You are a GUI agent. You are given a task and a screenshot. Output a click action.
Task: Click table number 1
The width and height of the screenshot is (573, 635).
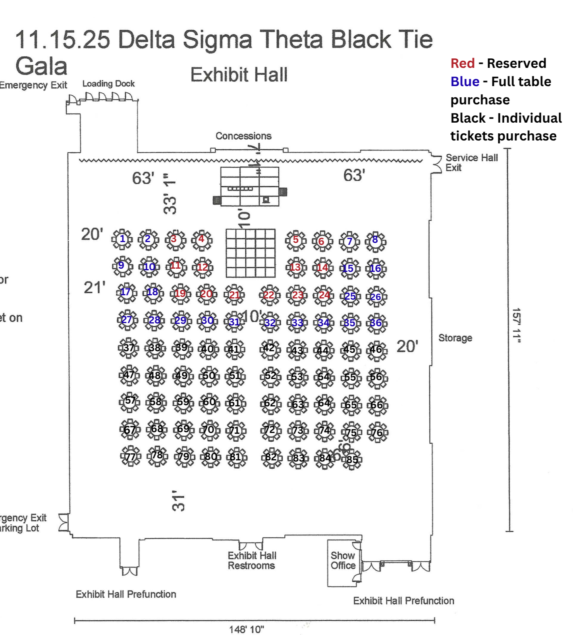[122, 239]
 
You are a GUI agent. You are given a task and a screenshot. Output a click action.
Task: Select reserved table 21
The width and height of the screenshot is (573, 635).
[234, 295]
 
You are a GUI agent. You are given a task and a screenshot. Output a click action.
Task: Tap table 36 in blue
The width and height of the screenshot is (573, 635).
[376, 323]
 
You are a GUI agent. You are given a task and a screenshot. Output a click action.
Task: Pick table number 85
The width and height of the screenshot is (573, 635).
[352, 460]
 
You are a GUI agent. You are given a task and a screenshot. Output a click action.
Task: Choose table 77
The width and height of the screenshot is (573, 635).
[131, 456]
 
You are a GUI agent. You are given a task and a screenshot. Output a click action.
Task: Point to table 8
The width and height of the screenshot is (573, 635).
[375, 241]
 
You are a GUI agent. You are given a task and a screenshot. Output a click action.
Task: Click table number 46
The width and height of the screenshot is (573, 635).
[376, 350]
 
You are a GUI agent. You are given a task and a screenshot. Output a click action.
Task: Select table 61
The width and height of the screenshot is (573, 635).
[235, 404]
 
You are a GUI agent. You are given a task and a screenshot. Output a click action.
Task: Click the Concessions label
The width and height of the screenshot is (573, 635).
[243, 136]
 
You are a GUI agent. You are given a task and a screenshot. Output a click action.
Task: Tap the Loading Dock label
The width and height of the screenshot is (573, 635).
[108, 84]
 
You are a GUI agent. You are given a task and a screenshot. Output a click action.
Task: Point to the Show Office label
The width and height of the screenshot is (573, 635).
[343, 560]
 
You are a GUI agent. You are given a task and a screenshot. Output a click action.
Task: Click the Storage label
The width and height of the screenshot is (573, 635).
[455, 338]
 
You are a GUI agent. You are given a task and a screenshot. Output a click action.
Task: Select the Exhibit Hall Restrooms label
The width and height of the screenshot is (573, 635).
[252, 560]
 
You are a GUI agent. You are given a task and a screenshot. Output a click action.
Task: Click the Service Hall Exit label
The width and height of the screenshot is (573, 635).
[471, 163]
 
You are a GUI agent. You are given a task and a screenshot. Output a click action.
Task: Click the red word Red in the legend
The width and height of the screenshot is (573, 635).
[463, 63]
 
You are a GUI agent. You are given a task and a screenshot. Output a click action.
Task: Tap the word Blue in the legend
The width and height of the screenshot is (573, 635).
[465, 82]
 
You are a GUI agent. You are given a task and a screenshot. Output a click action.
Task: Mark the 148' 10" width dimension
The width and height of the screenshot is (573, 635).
[246, 629]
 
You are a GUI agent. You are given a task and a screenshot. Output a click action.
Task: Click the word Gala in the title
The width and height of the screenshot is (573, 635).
[41, 66]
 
